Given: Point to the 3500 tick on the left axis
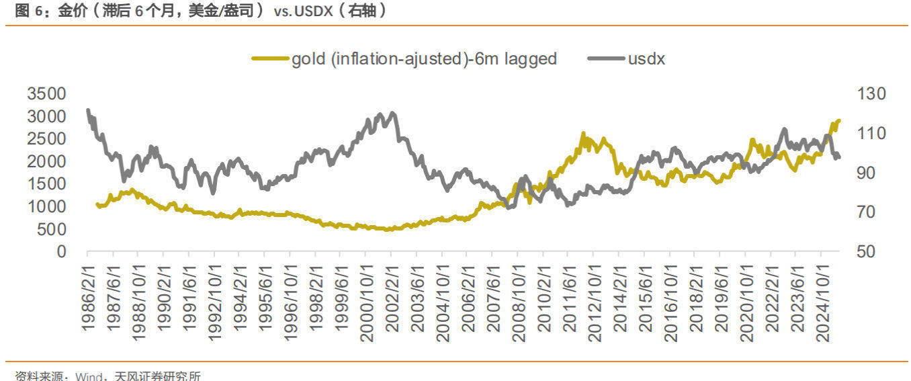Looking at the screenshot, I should coord(47,93).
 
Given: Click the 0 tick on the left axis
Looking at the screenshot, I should coord(62,252).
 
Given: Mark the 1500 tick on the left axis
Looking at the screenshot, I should coord(47,184).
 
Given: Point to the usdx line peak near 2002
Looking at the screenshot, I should coord(392,113).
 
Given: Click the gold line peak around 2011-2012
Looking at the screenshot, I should coord(582,133).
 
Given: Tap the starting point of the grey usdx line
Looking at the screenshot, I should coord(88,110).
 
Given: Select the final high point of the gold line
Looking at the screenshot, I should coord(838,120).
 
